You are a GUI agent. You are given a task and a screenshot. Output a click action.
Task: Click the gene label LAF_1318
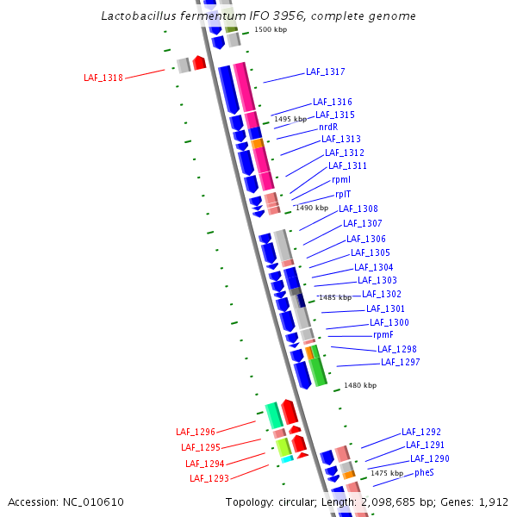103,78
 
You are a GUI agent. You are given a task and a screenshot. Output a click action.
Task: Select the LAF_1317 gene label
325,72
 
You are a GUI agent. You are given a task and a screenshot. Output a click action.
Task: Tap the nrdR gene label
328,127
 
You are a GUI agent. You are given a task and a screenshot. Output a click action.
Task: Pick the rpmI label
341,180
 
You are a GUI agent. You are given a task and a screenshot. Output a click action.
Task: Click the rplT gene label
343,195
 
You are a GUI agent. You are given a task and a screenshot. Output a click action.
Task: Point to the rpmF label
383,334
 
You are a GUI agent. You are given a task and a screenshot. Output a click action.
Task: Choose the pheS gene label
424,473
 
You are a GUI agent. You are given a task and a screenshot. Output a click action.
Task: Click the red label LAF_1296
196,432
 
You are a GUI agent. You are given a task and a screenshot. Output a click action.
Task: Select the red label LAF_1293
209,478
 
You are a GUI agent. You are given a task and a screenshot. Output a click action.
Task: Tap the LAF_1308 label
358,209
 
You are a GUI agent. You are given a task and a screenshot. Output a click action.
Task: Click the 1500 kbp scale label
271,30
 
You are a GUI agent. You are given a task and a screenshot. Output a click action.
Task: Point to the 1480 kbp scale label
360,386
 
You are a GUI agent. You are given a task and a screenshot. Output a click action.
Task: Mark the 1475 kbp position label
387,474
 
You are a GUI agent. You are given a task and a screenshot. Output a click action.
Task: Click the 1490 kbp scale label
312,208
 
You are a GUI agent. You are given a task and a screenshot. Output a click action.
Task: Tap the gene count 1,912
491,501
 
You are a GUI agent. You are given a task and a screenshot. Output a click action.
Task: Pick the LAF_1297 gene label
401,363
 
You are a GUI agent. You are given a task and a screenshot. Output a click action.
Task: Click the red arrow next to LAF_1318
199,63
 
